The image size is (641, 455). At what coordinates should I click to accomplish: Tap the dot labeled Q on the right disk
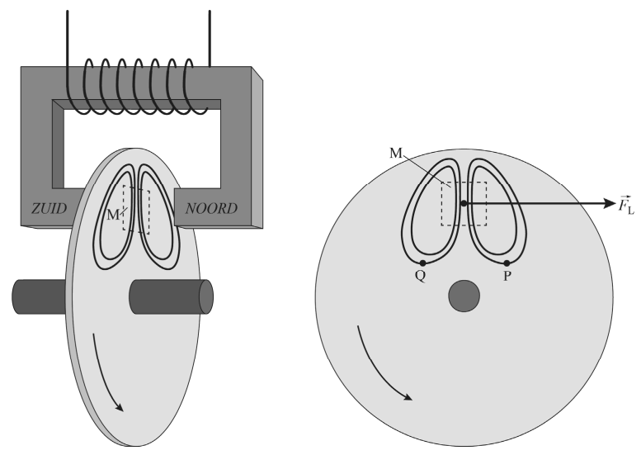[x=422, y=263]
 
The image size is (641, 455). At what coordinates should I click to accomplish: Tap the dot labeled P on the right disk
[x=507, y=263]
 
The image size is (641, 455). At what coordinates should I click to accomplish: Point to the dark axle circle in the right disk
[x=464, y=296]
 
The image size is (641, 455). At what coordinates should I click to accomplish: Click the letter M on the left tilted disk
[x=113, y=216]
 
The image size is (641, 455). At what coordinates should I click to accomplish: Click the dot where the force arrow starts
[x=464, y=203]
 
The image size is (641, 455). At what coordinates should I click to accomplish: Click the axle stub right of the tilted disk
[x=170, y=296]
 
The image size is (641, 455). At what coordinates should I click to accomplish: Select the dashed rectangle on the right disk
[x=464, y=203]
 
